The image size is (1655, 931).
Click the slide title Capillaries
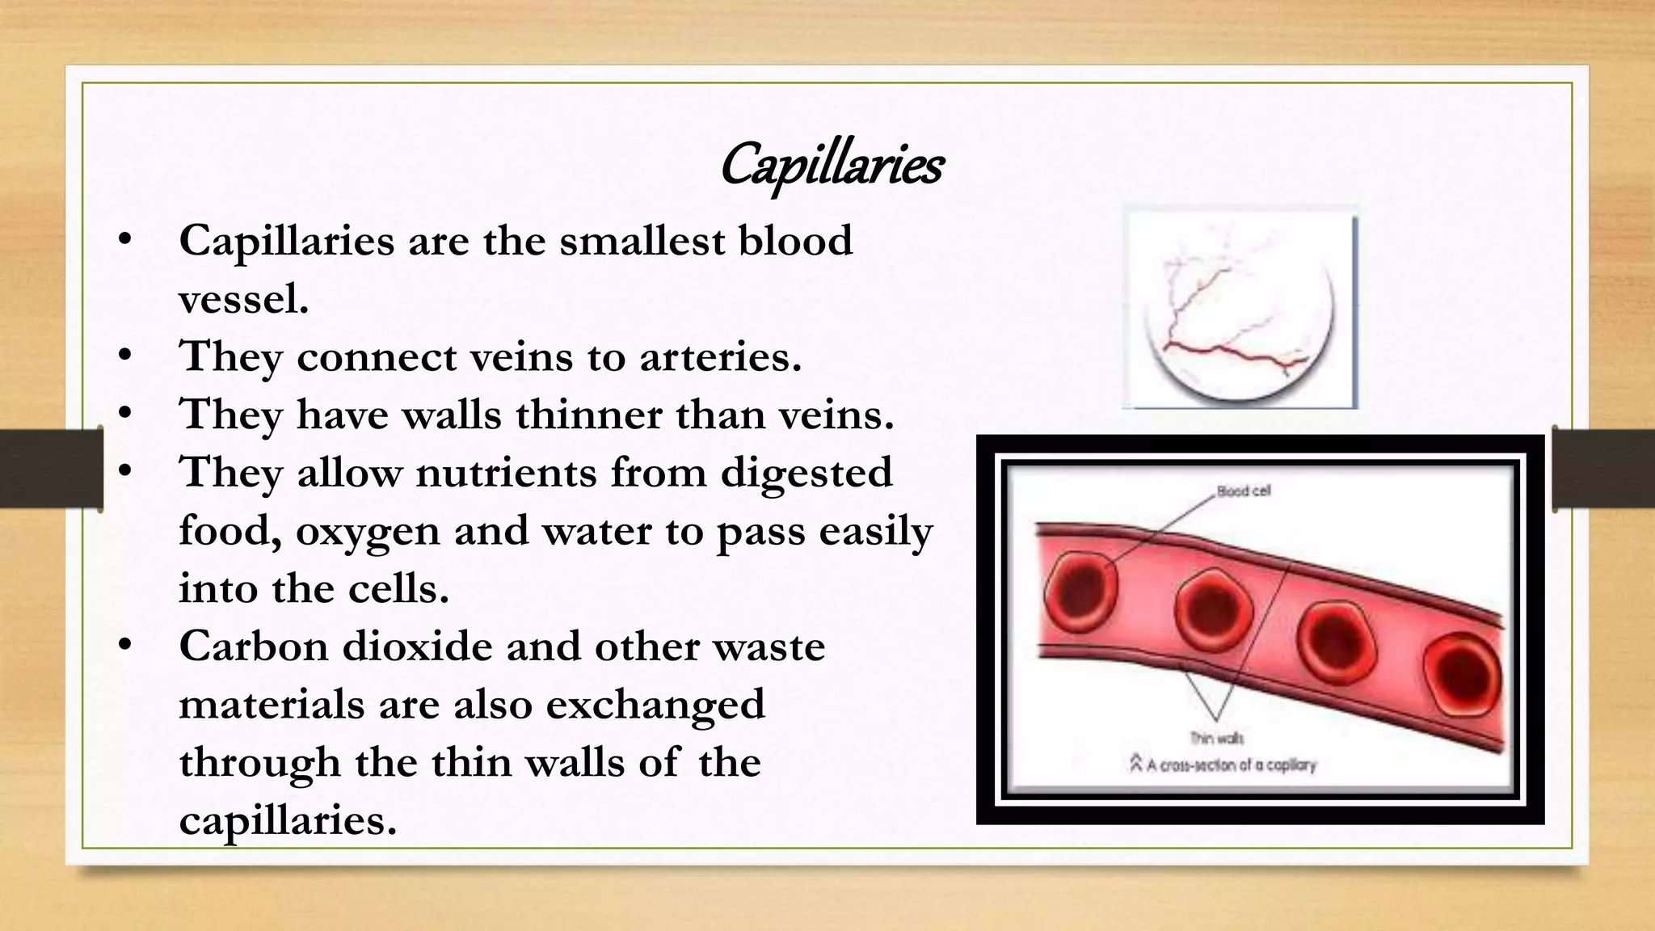(x=831, y=166)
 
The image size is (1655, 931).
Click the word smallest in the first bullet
(x=631, y=241)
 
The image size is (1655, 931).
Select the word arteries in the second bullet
(x=720, y=356)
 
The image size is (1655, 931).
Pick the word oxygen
(x=368, y=532)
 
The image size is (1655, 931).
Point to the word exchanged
(x=655, y=705)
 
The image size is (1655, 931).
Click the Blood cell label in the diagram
(x=1244, y=491)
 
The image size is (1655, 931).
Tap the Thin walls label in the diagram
(x=1217, y=738)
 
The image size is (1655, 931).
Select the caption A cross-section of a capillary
(x=1223, y=764)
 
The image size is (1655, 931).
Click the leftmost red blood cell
(x=1081, y=592)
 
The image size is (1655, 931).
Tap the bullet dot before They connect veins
(x=124, y=356)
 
